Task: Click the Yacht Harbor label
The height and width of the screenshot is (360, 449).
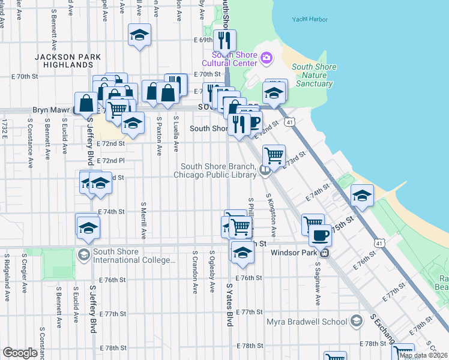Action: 310,19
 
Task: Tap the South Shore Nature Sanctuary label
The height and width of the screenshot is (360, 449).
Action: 314,76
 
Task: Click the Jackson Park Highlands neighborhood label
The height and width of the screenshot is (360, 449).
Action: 64,60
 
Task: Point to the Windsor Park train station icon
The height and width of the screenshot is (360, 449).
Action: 324,253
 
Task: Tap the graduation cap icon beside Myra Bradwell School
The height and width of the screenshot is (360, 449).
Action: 357,321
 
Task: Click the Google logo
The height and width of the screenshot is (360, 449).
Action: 20,353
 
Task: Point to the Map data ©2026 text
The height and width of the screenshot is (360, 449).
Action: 424,355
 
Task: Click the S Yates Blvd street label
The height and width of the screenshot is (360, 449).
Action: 229,300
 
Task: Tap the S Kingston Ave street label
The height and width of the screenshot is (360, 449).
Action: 272,214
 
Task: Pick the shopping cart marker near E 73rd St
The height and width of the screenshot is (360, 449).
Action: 274,155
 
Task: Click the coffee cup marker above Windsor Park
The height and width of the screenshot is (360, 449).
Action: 321,234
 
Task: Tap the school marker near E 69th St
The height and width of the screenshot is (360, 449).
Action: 139,35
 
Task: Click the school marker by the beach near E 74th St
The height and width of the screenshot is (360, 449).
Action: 362,196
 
